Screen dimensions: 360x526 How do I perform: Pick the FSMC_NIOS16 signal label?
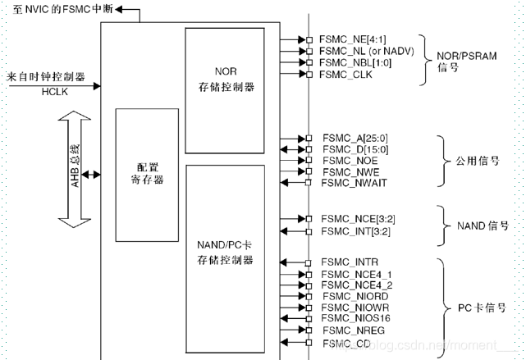354,318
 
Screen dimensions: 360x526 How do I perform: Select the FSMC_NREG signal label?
350,330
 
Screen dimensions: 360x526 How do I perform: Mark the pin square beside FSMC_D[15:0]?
309,149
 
